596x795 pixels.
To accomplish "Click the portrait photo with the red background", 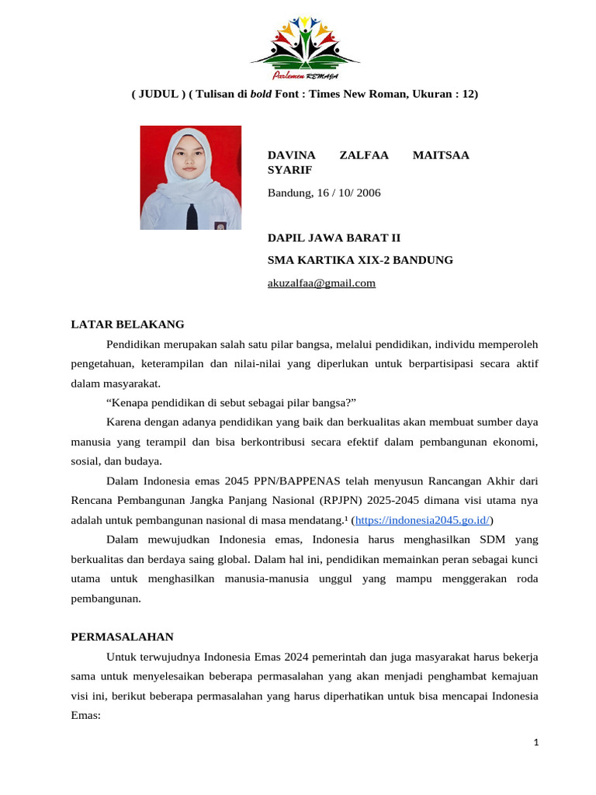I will [190, 178].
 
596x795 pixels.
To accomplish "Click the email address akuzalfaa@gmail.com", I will [321, 283].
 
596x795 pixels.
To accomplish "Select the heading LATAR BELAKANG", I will [127, 324].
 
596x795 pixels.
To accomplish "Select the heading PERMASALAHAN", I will [122, 637].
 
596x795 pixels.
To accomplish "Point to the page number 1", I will [535, 743].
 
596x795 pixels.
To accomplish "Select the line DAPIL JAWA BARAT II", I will [334, 238].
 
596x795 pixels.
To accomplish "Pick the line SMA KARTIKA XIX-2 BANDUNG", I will [360, 260].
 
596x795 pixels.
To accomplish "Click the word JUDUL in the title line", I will [158, 94].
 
